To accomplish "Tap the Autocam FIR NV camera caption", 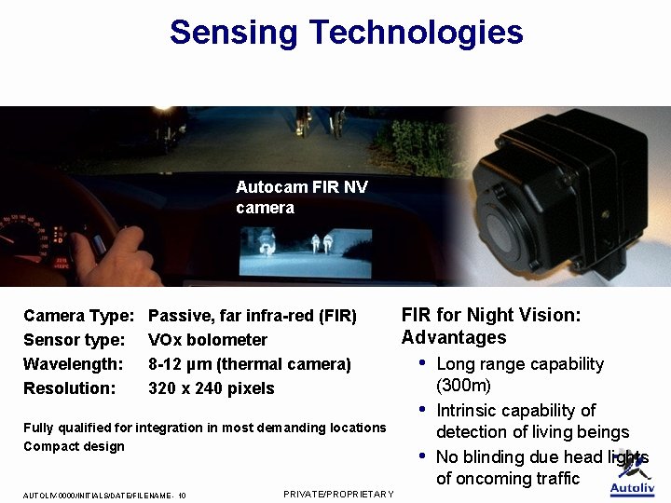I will (x=301, y=197).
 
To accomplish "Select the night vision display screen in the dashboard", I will (x=305, y=251).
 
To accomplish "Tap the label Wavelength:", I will (x=73, y=364).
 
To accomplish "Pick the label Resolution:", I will (x=71, y=388).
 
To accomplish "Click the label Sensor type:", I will (x=74, y=340).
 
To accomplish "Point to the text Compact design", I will (x=74, y=446).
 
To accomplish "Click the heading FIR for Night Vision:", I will (x=491, y=315).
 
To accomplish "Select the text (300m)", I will (x=463, y=385).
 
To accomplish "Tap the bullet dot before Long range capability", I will (x=423, y=362).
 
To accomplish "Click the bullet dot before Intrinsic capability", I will (x=423, y=409).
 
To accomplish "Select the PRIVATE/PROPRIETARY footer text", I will (x=338, y=494).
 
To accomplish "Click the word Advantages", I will (x=454, y=337).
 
